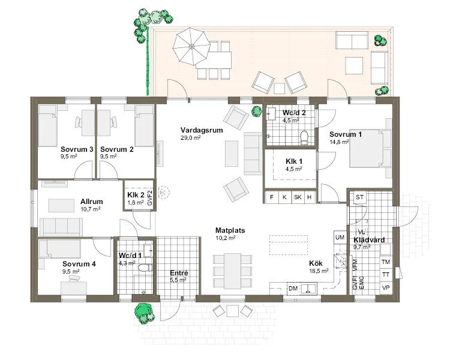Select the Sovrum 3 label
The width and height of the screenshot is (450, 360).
pyautogui.click(x=76, y=149)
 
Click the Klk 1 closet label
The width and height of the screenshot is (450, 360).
pyautogui.click(x=293, y=161)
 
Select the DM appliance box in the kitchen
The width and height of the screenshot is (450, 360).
pyautogui.click(x=293, y=289)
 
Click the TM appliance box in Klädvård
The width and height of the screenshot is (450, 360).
pyautogui.click(x=386, y=262)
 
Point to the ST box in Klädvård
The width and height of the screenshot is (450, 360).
pyautogui.click(x=360, y=197)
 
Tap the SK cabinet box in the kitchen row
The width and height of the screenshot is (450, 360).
pyautogui.click(x=297, y=197)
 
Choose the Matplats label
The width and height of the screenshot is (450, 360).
pyautogui.click(x=230, y=230)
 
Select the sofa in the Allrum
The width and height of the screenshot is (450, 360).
pyautogui.click(x=61, y=227)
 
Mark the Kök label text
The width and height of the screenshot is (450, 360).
pyautogui.click(x=316, y=263)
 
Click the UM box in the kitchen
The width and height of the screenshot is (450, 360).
pyautogui.click(x=340, y=238)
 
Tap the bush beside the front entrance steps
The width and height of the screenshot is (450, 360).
pyautogui.click(x=143, y=311)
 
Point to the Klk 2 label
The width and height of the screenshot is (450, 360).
pyautogui.click(x=135, y=195)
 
